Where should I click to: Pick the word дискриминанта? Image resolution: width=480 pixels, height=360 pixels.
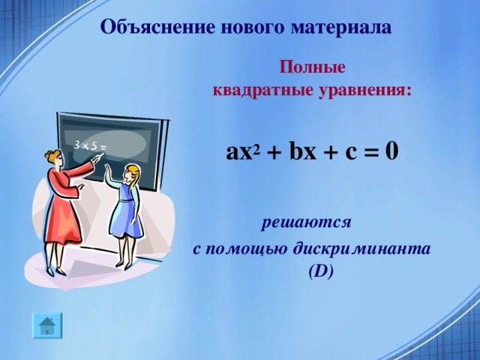coord(376,249)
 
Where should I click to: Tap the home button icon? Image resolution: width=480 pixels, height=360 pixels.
coord(46,324)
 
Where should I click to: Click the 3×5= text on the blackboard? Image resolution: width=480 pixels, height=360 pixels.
coord(88,144)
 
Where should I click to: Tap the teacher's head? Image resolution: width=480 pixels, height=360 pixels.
coord(53,158)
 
